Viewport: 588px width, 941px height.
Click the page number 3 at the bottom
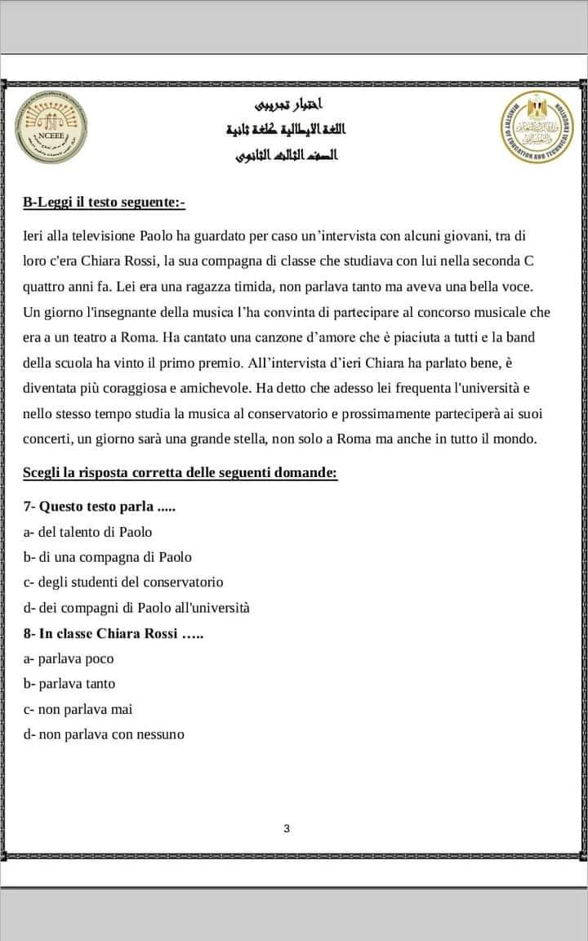tap(286, 829)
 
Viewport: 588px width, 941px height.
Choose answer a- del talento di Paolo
tap(88, 532)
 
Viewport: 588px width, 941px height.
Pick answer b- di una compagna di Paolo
tap(108, 557)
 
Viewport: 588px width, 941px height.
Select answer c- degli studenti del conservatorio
tap(123, 582)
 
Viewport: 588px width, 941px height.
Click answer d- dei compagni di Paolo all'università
tap(136, 608)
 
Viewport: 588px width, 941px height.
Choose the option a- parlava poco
tap(69, 658)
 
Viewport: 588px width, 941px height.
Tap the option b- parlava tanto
tap(70, 684)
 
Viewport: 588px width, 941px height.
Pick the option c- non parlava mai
tap(78, 709)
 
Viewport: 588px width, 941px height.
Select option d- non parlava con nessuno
tap(104, 734)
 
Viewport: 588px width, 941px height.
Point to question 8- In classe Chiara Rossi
tap(113, 634)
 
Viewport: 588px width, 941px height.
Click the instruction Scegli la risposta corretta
tap(180, 473)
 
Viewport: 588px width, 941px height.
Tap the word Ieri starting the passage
tap(34, 236)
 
